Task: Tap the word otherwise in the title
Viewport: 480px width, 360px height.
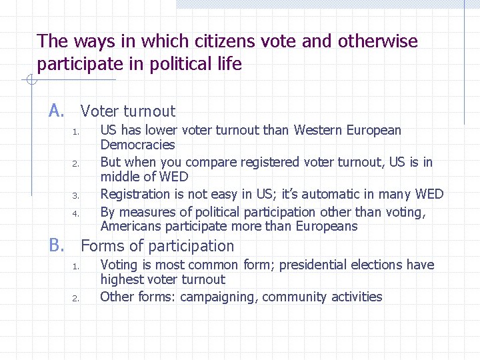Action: point(378,41)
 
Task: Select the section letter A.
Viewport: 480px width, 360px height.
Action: point(56,111)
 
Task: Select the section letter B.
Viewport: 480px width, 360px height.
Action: point(56,245)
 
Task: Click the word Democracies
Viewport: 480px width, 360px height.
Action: point(137,145)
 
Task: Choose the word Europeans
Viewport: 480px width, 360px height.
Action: point(326,226)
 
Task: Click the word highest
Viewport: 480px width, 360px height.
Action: point(121,279)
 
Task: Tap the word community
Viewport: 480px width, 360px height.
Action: point(293,297)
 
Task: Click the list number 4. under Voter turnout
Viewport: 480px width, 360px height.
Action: point(77,214)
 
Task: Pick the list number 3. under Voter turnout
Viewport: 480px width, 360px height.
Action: point(77,196)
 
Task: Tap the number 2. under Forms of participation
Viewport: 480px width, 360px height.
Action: point(77,298)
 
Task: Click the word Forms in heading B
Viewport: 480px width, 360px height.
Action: point(101,246)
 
